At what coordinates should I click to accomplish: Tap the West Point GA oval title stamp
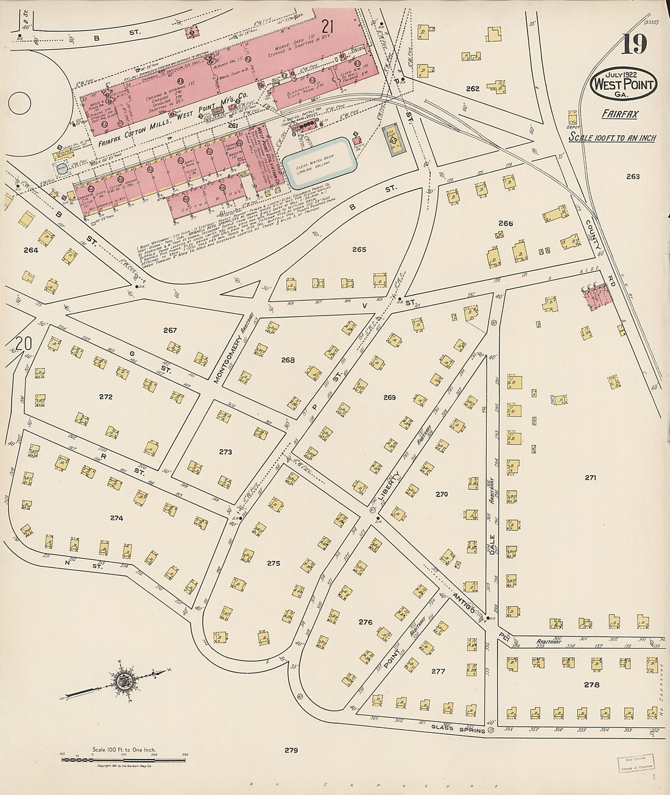(x=623, y=84)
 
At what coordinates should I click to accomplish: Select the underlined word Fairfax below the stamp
(x=619, y=114)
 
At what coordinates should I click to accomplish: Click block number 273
(x=225, y=452)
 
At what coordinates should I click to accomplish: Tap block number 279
(x=291, y=750)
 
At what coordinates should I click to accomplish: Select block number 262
(x=473, y=88)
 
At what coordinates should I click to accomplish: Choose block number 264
(x=30, y=250)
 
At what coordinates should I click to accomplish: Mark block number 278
(x=591, y=684)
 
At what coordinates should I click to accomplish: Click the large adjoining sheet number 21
(x=328, y=26)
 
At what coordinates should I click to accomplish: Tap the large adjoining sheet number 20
(x=23, y=344)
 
